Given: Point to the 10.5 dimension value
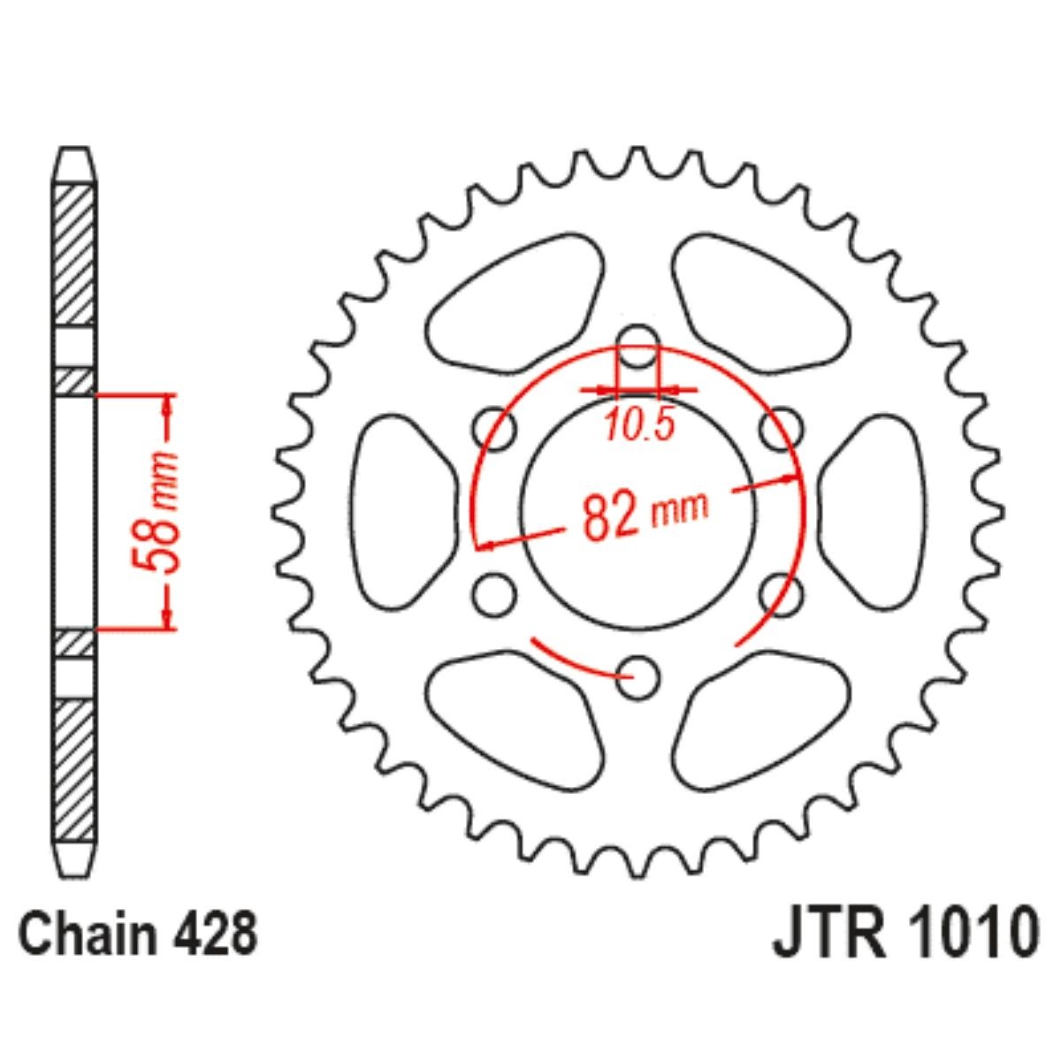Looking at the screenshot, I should coord(640,426).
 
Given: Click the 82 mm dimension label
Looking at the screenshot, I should coord(645,513).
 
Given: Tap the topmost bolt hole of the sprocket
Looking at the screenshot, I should coord(638,347).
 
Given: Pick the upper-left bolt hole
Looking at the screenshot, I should coord(495,430).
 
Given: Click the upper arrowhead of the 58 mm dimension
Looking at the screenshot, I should coord(167,405).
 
